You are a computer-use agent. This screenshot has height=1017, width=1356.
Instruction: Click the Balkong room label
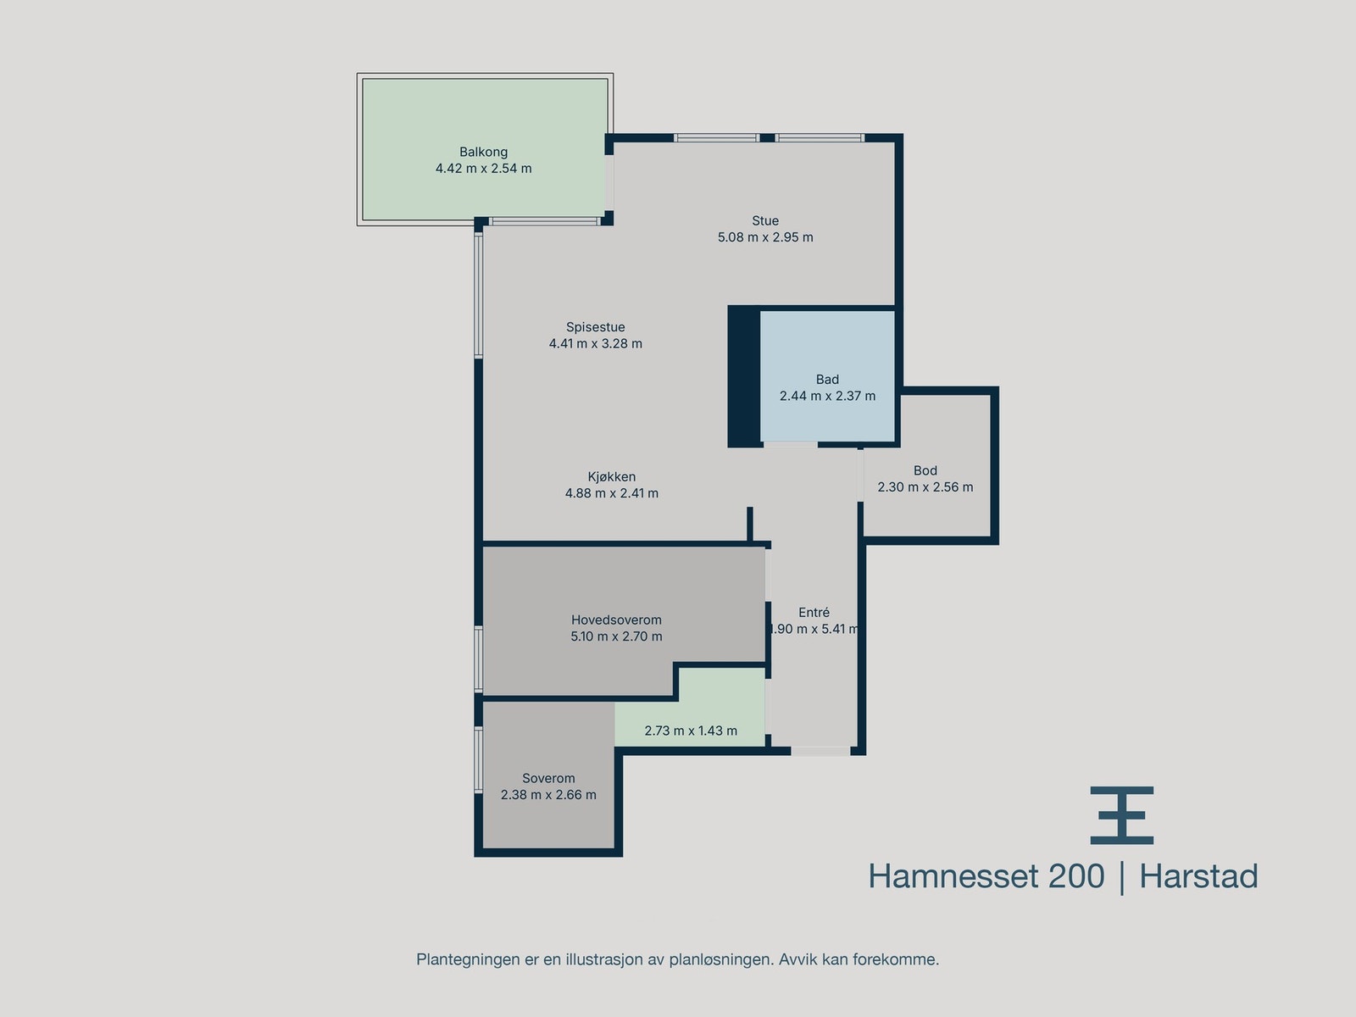pos(483,153)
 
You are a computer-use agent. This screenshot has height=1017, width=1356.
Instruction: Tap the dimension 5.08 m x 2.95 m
pos(765,237)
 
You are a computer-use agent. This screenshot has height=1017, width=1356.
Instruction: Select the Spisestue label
pos(595,327)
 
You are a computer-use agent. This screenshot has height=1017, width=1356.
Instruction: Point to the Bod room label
pos(925,471)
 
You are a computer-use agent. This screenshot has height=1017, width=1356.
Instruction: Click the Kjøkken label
pos(611,477)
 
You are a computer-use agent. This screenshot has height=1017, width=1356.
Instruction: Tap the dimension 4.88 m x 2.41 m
pos(611,493)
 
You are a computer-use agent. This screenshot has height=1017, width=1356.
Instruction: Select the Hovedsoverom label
pos(616,620)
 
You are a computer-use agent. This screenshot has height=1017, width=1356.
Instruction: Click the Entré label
pos(814,613)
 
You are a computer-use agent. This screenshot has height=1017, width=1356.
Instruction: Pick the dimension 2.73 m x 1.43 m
pos(691,731)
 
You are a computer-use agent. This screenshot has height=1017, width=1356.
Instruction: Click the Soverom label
pos(548,779)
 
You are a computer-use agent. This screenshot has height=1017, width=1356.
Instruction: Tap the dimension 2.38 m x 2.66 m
pos(548,795)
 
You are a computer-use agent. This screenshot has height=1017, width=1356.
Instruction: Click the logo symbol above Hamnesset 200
pos(1121,815)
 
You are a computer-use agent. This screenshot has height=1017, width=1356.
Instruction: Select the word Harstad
pos(1198,876)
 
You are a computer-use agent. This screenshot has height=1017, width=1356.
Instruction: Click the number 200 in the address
pos(1076,876)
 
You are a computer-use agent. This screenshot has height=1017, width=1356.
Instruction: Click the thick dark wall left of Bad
pos(744,376)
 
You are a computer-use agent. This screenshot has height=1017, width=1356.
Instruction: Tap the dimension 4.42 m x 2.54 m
pos(483,169)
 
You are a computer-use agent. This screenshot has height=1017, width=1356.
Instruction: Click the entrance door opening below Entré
pos(820,751)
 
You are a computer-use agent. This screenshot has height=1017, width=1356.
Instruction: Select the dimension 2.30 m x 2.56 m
pos(925,487)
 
